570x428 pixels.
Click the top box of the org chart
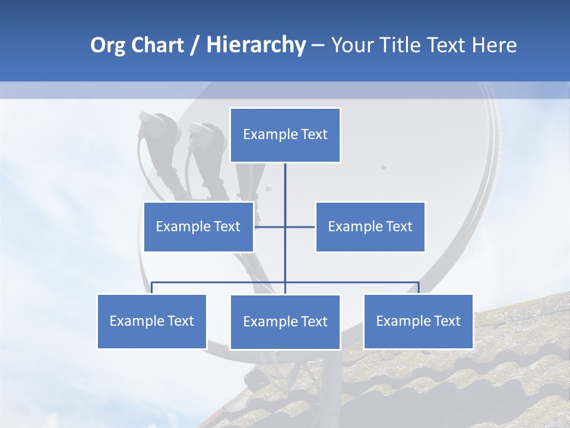pos(285,135)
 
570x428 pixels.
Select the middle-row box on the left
pos(198,226)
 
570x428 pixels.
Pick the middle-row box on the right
pos(370,226)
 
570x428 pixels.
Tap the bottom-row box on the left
pos(151,321)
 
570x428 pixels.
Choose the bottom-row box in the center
pos(285,322)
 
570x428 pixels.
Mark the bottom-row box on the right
pos(418,321)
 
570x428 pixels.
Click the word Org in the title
pos(107,45)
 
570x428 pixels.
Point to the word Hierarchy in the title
pos(256,45)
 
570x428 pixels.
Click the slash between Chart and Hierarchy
pos(195,46)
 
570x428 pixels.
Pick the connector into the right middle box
pos(300,226)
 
